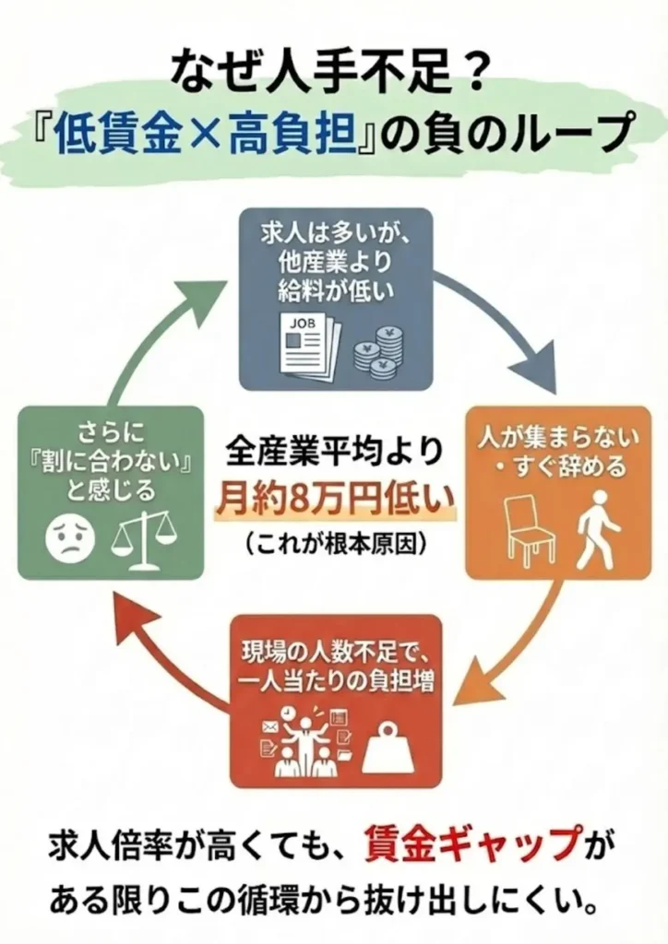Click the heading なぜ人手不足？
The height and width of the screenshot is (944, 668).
coord(334,72)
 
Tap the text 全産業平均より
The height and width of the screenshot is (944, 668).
coord(334,454)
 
